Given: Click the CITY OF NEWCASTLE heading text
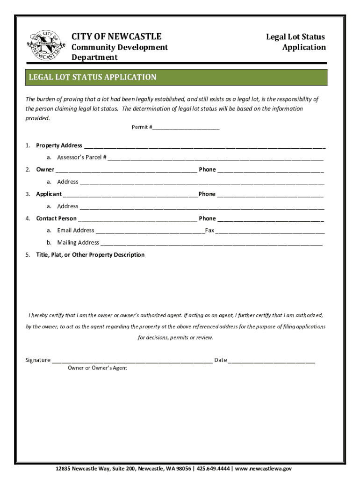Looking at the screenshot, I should (x=116, y=36).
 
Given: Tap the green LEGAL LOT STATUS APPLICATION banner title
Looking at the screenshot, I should (x=93, y=77).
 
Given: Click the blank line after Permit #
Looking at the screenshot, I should (x=186, y=128).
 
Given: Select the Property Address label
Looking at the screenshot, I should (x=59, y=145).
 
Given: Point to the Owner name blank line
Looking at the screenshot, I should (x=126, y=170).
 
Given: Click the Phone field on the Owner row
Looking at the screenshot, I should (x=270, y=170).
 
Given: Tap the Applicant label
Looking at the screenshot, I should (x=49, y=194).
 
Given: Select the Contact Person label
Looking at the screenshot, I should (x=56, y=218).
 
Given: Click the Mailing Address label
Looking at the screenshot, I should (x=78, y=243).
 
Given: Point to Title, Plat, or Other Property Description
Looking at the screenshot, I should (x=90, y=255).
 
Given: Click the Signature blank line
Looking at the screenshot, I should (x=132, y=361).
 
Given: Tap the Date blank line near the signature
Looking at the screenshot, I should (x=272, y=361).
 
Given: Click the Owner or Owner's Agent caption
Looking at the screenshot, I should (x=97, y=368).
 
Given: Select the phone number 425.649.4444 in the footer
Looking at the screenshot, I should (x=213, y=469).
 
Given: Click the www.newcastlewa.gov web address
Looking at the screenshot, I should (x=264, y=469).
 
